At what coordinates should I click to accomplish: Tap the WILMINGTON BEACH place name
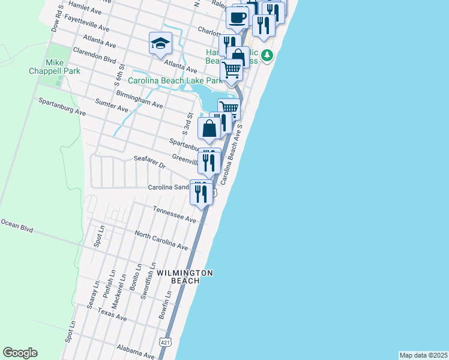(x=185, y=277)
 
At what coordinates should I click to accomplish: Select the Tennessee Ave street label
(x=175, y=215)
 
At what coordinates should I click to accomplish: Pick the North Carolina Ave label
(x=161, y=240)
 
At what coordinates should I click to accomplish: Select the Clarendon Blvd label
(x=94, y=57)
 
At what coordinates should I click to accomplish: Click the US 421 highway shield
(x=165, y=341)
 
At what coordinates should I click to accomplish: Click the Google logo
(x=20, y=353)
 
